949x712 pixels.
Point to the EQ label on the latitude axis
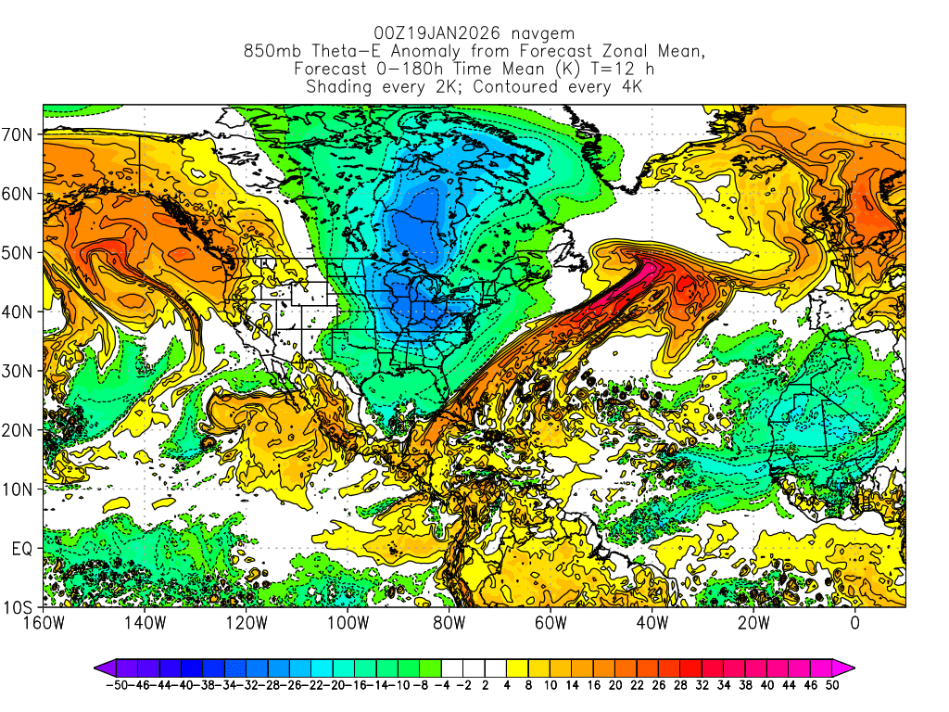coord(23,548)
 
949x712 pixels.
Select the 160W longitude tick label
coord(43,622)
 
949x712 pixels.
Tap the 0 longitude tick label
coord(854,622)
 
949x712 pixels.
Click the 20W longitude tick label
coord(753,622)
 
